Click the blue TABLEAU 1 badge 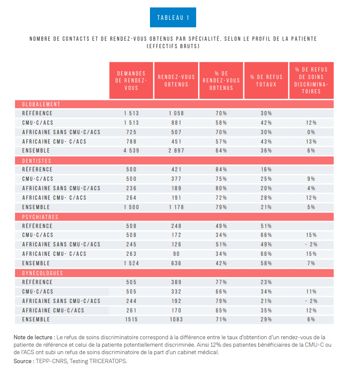(x=173, y=17)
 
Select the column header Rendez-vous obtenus (x=176, y=80)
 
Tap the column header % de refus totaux (x=266, y=80)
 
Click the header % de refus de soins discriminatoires (x=311, y=80)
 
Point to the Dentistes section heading (x=37, y=161)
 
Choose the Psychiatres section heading (x=40, y=217)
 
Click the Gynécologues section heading (x=42, y=273)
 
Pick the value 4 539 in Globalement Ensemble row (x=132, y=150)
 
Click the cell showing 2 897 (x=176, y=150)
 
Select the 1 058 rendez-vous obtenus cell (x=176, y=113)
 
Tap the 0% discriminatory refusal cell (x=311, y=132)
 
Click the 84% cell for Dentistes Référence (x=221, y=169)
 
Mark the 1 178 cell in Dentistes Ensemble (x=176, y=207)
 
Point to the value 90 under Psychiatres (x=176, y=254)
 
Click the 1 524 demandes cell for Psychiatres (x=132, y=263)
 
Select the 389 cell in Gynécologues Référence (x=176, y=282)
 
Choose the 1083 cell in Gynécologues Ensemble (x=176, y=319)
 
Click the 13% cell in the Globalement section (x=311, y=142)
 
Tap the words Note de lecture (x=33, y=337)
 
